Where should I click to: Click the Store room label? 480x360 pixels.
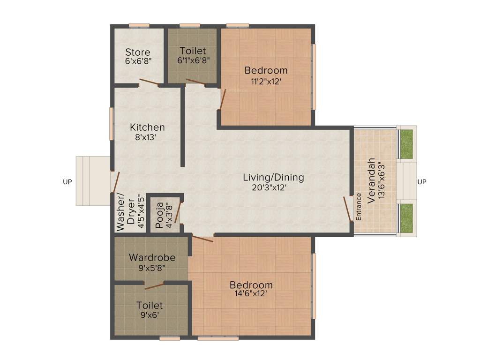tap(138, 52)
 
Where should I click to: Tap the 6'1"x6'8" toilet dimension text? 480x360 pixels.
tap(193, 60)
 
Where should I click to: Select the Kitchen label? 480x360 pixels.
tap(147, 127)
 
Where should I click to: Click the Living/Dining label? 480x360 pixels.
tap(273, 178)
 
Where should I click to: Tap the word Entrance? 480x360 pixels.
tap(359, 207)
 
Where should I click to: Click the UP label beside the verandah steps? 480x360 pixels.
tap(422, 182)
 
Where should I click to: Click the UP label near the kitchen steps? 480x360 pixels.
tap(67, 182)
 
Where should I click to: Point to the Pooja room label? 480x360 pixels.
tap(159, 214)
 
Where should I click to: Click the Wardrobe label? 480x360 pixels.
tap(152, 258)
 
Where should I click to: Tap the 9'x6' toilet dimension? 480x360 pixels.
tap(150, 315)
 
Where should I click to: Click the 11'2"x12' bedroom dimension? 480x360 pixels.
tap(266, 81)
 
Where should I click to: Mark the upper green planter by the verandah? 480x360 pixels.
tap(406, 143)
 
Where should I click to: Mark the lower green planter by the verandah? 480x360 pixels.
tap(406, 218)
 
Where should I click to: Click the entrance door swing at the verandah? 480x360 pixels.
tap(348, 209)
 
